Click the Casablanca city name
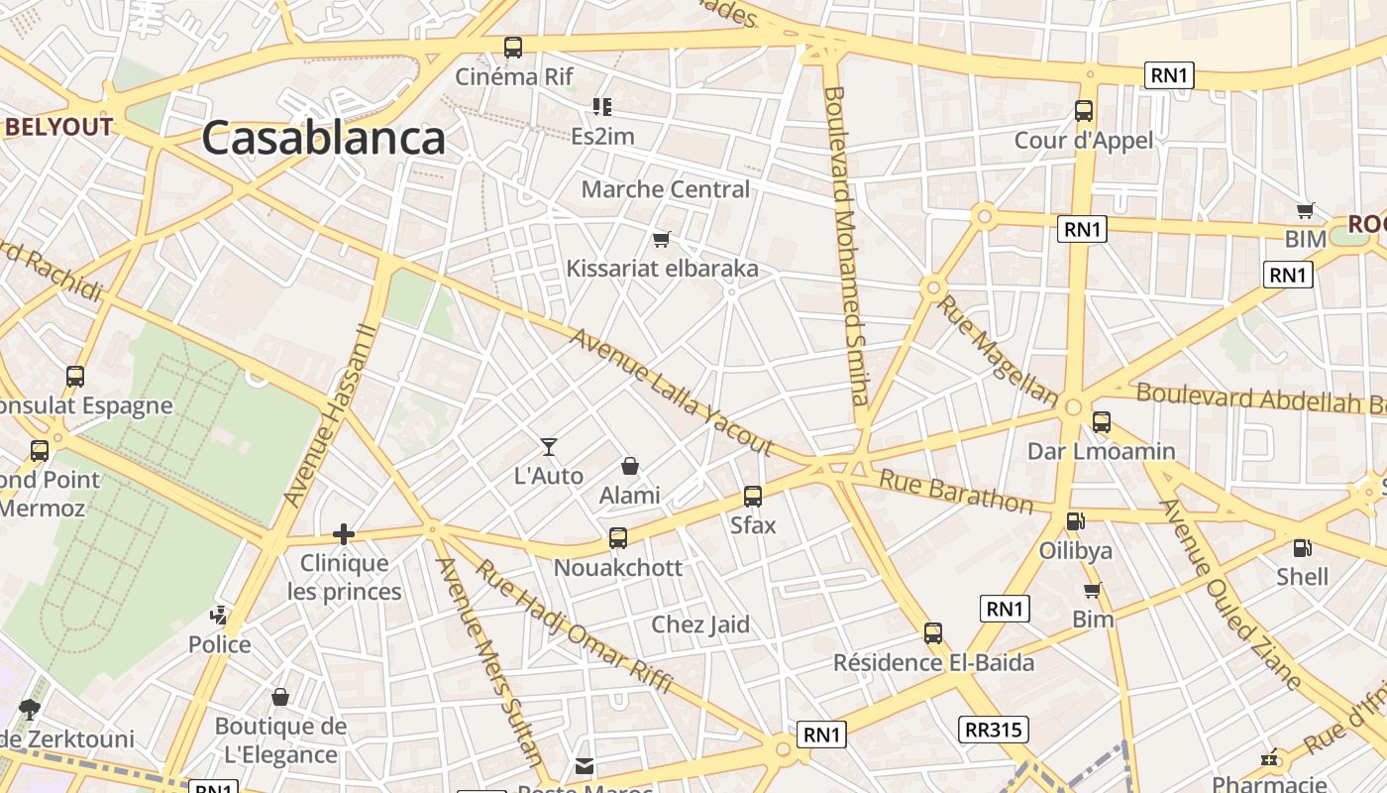coord(323,139)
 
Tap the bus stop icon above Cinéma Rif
coord(513,47)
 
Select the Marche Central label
coord(665,189)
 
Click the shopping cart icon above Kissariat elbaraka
coord(662,239)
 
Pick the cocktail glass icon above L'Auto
coord(549,447)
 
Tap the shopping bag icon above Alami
coord(629,466)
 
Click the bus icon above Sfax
coord(753,497)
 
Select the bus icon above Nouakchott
coord(618,538)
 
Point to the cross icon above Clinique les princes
coord(344,535)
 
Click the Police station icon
coord(220,616)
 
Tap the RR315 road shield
coord(994,731)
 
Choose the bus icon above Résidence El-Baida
coord(933,633)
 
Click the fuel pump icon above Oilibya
coord(1075,521)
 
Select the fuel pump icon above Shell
coord(1302,548)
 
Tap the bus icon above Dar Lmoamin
coord(1101,422)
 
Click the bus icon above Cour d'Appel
coord(1084,111)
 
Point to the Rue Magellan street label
coord(998,350)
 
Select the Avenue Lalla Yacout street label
coord(671,393)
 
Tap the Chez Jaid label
coord(699,624)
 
